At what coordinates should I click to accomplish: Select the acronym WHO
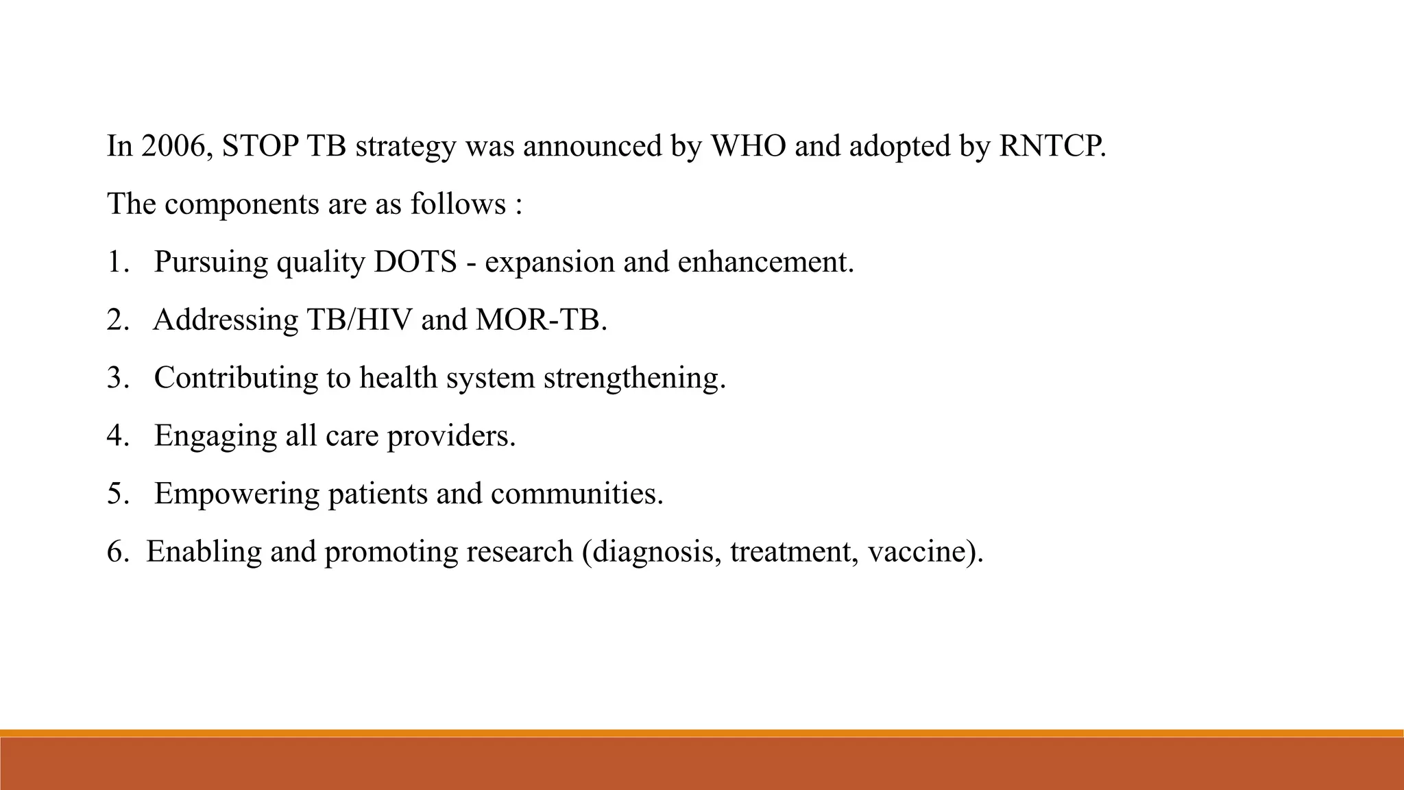tap(748, 146)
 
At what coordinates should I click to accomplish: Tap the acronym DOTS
tap(415, 262)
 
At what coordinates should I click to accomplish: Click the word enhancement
tap(764, 262)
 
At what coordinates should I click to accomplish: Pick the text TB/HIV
tap(359, 320)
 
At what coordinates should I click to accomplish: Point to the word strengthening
tap(634, 378)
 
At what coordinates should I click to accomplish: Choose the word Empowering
tap(237, 494)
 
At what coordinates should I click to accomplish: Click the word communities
tap(576, 494)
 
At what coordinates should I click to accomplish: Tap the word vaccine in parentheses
tap(920, 551)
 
